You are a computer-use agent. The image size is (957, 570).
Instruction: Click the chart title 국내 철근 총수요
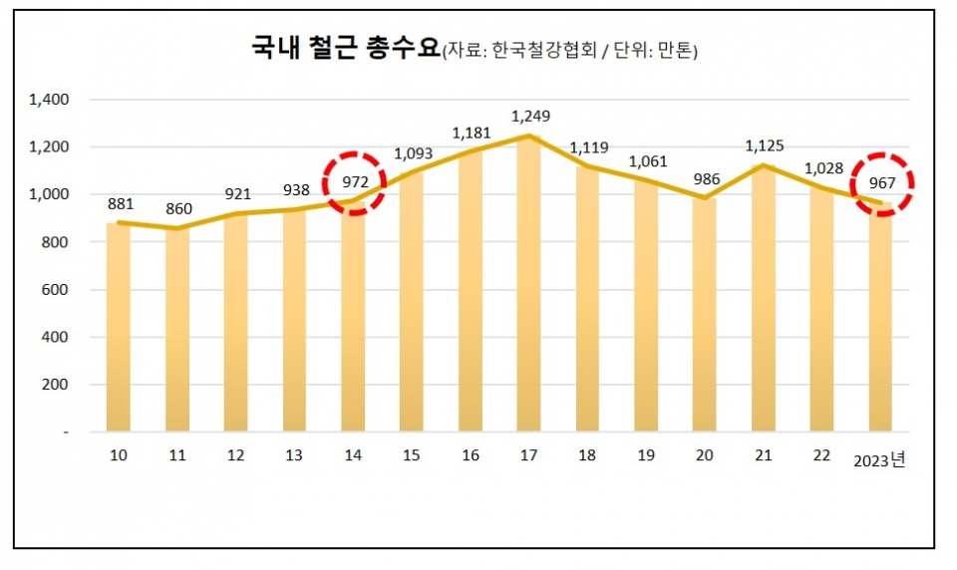(345, 50)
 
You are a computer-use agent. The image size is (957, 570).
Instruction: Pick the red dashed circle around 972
(355, 182)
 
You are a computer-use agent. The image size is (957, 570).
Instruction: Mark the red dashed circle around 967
(882, 183)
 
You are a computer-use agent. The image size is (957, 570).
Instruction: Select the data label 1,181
(473, 133)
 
